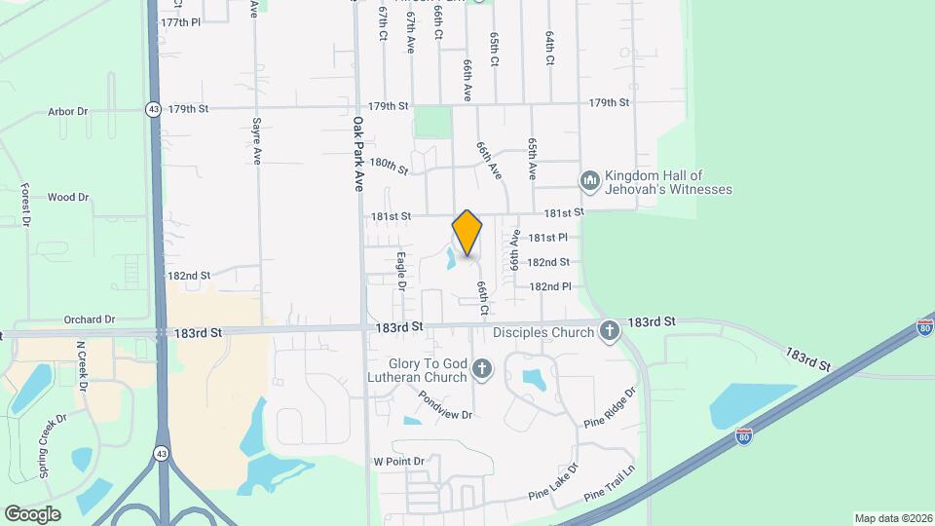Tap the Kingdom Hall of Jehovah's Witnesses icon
coord(589,181)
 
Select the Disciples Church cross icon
coord(610,332)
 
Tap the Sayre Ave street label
coord(256,141)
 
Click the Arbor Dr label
coord(68,112)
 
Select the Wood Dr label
coord(68,197)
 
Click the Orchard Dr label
coord(90,319)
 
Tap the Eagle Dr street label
coord(400,271)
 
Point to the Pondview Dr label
coord(445,404)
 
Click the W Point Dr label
coord(399,461)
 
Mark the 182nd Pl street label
coord(549,287)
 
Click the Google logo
coord(32,513)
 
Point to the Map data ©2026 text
coord(891,517)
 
